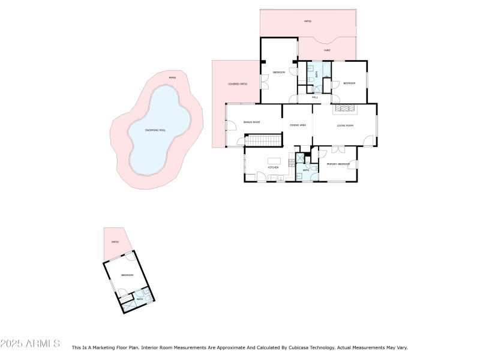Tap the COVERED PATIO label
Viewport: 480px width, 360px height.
click(x=238, y=84)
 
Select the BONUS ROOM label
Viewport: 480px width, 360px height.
click(x=251, y=122)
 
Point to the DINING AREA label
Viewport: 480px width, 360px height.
click(x=298, y=125)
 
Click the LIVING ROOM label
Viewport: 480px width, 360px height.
click(x=345, y=125)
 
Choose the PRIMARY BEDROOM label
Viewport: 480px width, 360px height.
click(x=338, y=164)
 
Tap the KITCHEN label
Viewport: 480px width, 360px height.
click(x=273, y=167)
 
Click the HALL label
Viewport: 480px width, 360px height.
click(x=314, y=97)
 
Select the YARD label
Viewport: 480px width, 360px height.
click(x=327, y=50)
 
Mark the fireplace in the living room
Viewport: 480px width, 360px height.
click(x=345, y=109)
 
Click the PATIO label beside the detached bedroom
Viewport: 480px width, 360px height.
click(x=115, y=242)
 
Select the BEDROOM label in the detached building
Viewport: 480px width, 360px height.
click(x=127, y=275)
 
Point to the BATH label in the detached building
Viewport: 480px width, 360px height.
click(x=139, y=298)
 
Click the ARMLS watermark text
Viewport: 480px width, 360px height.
click(x=30, y=344)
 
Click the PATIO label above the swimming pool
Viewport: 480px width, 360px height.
click(x=172, y=78)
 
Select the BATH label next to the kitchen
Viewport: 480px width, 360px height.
click(x=305, y=170)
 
